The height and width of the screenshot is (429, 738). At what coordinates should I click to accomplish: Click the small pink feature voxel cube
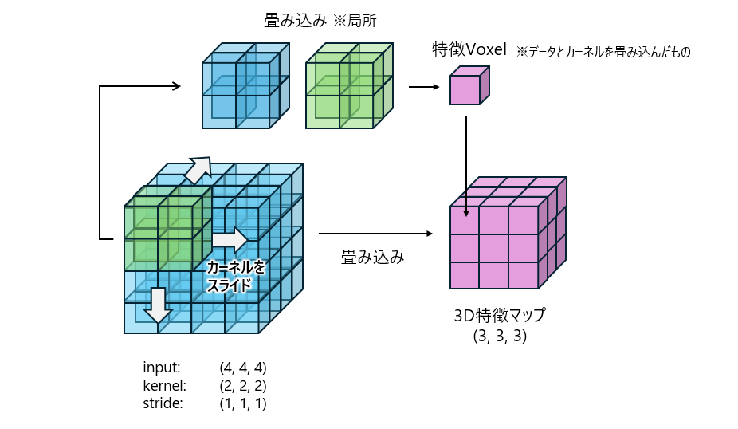[468, 86]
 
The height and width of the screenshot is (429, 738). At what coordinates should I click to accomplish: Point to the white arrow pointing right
[230, 238]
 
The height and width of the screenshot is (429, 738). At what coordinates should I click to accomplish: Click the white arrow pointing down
[158, 305]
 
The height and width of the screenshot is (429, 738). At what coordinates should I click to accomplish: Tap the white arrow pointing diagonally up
[198, 168]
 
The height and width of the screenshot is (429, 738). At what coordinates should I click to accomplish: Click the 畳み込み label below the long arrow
[372, 257]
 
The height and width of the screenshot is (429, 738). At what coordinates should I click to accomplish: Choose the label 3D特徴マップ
[500, 317]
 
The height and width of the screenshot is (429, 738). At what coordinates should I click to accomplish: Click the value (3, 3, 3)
[500, 336]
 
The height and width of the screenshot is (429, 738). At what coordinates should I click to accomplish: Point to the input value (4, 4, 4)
[243, 368]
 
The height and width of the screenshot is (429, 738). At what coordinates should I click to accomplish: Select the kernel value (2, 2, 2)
[243, 385]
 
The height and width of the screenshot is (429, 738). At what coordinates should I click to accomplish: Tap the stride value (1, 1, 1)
[243, 403]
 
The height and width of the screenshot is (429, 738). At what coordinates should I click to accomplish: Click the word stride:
[163, 403]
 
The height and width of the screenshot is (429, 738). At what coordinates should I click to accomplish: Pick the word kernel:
[164, 385]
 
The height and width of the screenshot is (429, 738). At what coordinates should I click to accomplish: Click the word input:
[162, 368]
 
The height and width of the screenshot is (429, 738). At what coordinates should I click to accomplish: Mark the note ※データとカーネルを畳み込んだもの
[603, 52]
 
